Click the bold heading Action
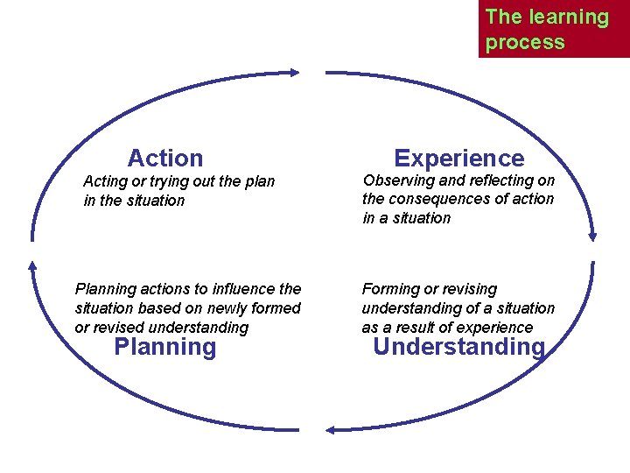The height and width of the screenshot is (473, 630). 164,159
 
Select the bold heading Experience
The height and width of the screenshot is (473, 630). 458,159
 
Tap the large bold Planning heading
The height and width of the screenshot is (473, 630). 164,348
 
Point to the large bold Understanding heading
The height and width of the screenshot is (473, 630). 458,348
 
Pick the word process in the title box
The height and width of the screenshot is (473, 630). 525,42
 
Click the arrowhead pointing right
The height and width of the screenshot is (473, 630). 295,73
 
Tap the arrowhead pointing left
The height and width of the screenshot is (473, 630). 331,429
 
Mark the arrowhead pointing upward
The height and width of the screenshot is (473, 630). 32,265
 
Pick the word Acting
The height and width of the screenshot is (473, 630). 103,181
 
